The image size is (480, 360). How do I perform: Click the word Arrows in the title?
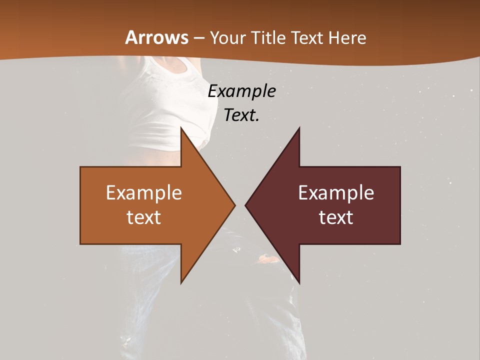[156, 37]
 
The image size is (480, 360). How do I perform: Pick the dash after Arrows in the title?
[198, 38]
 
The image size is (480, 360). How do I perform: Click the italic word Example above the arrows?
[241, 91]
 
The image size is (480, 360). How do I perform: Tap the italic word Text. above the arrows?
[241, 115]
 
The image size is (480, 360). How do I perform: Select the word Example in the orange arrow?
[143, 193]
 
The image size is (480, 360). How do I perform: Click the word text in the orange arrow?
[143, 217]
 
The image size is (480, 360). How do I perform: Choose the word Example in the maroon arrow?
[336, 193]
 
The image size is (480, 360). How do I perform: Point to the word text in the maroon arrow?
[336, 217]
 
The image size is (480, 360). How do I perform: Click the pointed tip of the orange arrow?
[234, 205]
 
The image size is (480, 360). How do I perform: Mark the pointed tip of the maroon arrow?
[245, 205]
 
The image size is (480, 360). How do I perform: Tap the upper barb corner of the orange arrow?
[181, 127]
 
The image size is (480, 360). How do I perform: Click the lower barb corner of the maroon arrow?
[299, 283]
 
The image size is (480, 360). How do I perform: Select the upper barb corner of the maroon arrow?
[299, 127]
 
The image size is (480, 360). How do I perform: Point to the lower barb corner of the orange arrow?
[181, 283]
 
